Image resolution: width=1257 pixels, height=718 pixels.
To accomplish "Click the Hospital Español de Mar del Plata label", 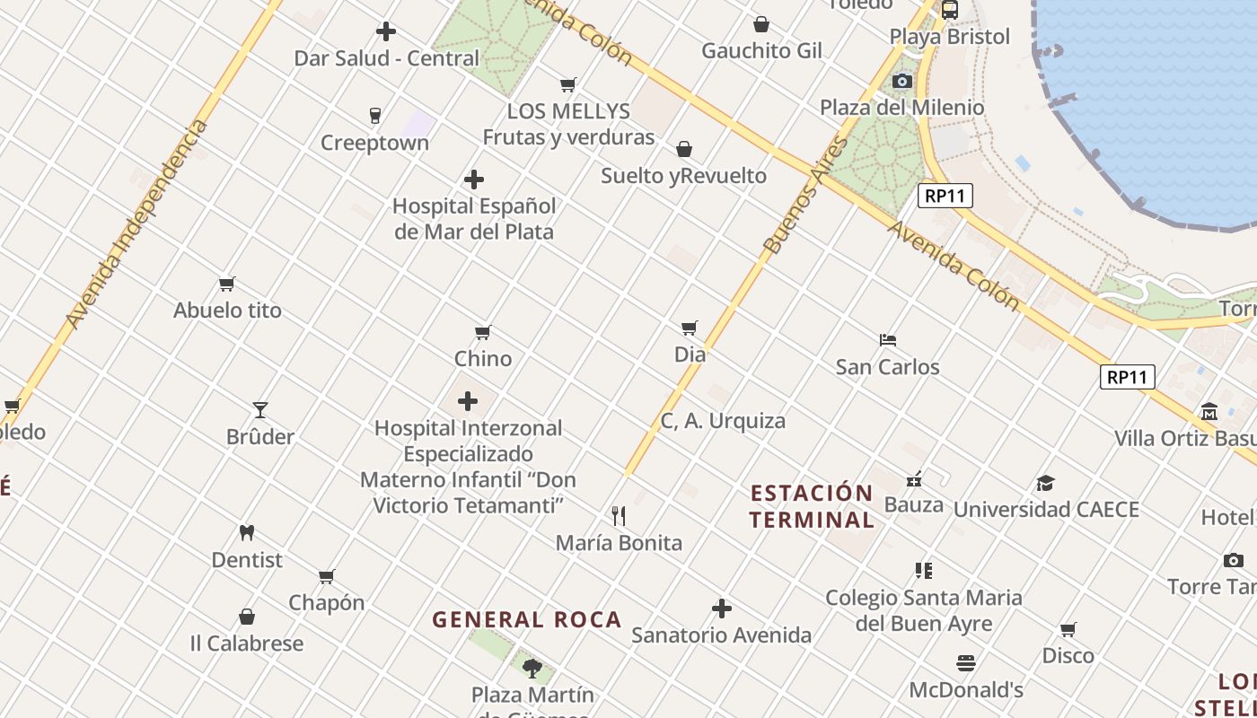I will [474, 218].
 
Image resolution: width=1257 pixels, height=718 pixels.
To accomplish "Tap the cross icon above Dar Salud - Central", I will [386, 31].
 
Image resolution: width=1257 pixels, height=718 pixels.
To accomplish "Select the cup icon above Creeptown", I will [375, 115].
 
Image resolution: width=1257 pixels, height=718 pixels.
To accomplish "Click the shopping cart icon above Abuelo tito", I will [227, 284].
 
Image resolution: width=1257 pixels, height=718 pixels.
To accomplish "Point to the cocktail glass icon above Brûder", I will [260, 409].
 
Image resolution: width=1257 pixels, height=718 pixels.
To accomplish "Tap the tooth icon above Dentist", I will [247, 532].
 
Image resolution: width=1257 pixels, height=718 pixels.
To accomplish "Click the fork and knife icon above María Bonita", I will [619, 515].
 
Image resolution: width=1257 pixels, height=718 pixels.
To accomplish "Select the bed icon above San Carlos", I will [888, 340].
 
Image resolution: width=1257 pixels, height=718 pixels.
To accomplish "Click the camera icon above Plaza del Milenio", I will [902, 82].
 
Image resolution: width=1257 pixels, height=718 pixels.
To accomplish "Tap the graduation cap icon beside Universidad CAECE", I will [1045, 484].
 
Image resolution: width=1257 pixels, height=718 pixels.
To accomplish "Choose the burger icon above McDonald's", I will [966, 663].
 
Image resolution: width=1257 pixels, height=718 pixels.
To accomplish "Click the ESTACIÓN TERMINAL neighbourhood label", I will [812, 506].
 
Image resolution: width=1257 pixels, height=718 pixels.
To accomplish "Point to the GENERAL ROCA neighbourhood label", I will [527, 619].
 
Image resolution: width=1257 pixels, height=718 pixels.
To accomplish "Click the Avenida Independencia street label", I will [136, 224].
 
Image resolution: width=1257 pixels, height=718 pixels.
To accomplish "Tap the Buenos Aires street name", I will [806, 194].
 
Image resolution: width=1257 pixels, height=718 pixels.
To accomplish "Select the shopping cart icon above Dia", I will [690, 328].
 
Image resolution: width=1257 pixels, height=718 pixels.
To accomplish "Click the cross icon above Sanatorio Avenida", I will [722, 609].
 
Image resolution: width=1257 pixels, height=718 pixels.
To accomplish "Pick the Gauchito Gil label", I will [761, 50].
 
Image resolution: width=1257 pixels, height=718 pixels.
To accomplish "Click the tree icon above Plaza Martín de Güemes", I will [532, 668].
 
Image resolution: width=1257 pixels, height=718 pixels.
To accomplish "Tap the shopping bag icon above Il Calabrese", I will [247, 617].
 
